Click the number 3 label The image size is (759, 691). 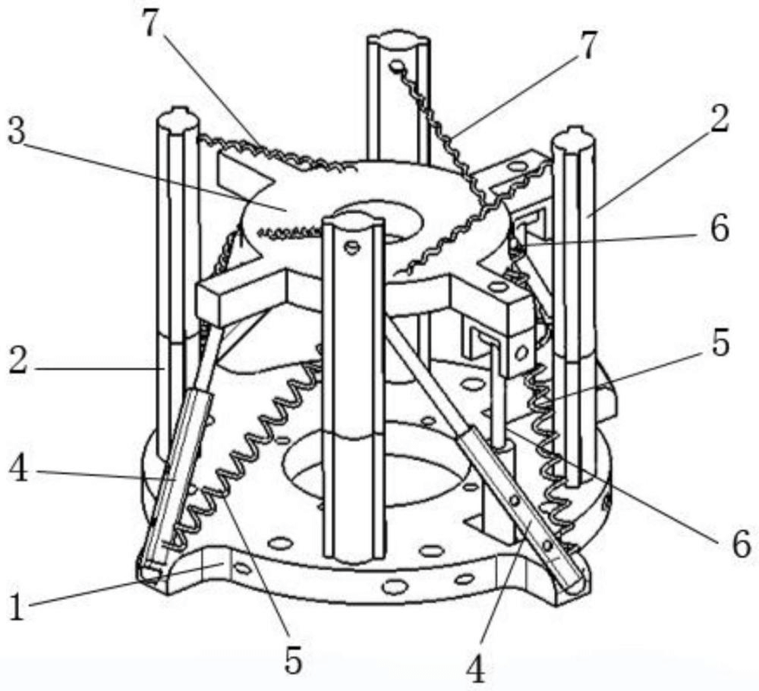(17, 131)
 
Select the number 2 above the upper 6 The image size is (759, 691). (720, 119)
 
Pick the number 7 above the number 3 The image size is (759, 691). (151, 22)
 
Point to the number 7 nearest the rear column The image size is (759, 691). (587, 45)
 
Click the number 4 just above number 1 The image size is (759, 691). (19, 469)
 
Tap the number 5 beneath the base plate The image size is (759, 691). (294, 661)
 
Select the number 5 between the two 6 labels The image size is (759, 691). (720, 344)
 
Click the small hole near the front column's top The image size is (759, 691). (351, 248)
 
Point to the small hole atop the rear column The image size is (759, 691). (397, 64)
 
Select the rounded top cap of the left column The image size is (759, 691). (178, 118)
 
